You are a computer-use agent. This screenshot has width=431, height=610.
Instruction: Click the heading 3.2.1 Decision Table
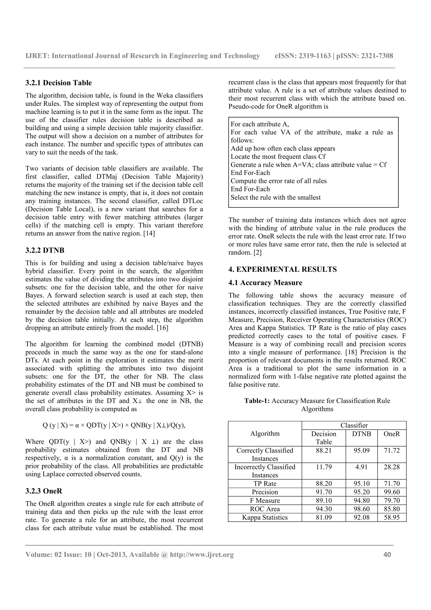tap(59, 83)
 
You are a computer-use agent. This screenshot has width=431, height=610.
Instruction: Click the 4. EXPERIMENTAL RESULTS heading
tap(282, 269)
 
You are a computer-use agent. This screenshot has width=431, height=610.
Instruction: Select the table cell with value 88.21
tap(323, 451)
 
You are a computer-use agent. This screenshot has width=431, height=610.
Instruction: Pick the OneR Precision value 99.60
tap(391, 492)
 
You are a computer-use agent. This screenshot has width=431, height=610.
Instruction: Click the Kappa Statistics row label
tap(265, 518)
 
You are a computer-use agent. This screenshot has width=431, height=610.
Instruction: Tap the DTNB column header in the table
tap(361, 434)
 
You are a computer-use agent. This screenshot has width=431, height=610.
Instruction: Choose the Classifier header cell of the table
tap(354, 425)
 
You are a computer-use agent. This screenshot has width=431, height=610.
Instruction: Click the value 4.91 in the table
tap(361, 467)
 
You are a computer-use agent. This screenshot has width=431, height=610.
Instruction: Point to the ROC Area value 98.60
tap(361, 509)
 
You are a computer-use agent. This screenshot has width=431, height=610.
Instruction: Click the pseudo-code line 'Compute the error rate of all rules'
tap(278, 181)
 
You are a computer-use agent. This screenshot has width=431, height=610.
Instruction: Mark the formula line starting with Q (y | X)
tap(114, 425)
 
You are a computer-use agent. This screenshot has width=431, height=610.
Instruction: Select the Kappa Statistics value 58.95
tap(391, 518)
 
